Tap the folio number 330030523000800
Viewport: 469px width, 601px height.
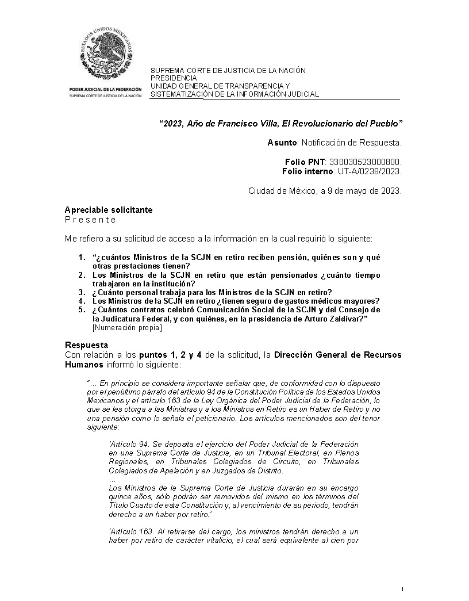click(x=366, y=163)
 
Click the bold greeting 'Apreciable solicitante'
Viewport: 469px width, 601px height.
click(x=109, y=210)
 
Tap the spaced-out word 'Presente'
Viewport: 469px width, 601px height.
click(x=90, y=220)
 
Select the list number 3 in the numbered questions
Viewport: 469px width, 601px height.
click(x=82, y=292)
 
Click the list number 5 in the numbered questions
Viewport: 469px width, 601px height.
click(x=82, y=309)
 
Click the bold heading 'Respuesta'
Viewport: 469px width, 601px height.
click(x=87, y=344)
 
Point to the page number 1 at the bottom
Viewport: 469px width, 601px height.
click(x=403, y=589)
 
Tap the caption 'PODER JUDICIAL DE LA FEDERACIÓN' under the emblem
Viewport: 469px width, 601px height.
click(x=105, y=90)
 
